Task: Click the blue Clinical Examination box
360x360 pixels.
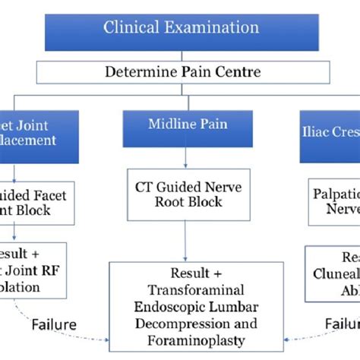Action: click(x=181, y=29)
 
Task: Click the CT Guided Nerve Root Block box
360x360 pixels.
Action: click(x=187, y=194)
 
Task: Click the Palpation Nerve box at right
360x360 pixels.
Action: click(x=334, y=203)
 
